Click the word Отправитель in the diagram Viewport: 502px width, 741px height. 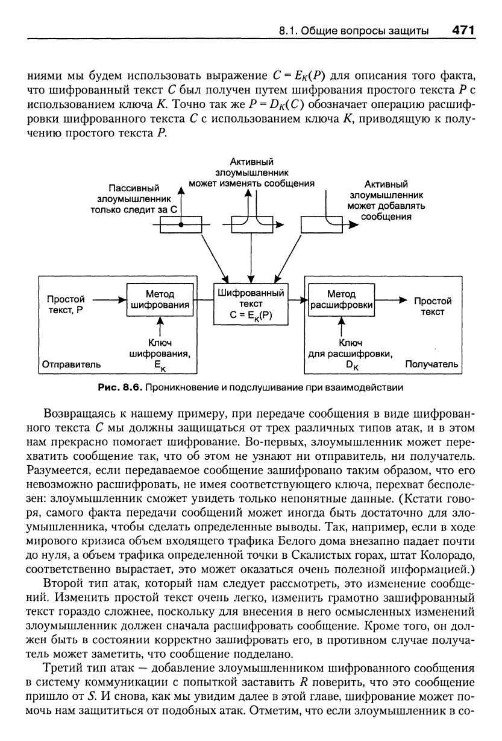(71, 364)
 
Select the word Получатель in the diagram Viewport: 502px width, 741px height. (431, 364)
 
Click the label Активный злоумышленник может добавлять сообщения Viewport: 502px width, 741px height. (386, 200)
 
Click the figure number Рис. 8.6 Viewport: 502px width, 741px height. (124, 386)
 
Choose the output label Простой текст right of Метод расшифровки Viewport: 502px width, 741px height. (432, 306)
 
